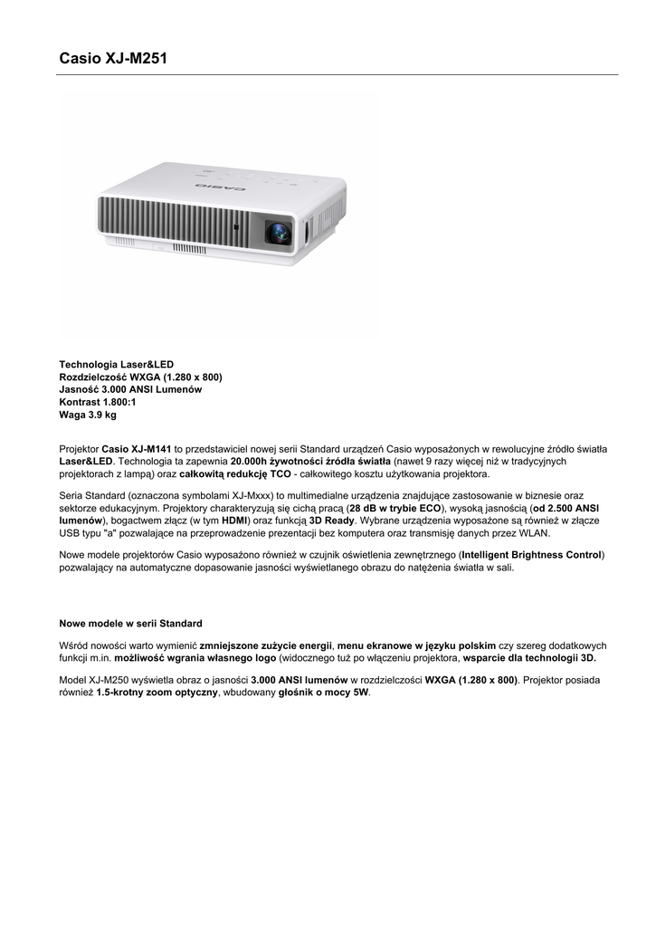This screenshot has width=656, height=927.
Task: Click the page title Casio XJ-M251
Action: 113,59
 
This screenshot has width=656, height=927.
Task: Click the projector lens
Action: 278,232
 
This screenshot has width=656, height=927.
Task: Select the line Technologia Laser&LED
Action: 116,364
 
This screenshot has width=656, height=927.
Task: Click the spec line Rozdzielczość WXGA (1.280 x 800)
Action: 140,377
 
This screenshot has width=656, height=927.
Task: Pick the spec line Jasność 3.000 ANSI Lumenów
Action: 130,389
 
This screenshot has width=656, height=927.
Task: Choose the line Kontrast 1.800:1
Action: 98,402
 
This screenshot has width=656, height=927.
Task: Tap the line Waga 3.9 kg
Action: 88,415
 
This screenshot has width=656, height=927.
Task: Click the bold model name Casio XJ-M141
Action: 137,448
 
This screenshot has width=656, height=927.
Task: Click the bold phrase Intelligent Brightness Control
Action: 531,554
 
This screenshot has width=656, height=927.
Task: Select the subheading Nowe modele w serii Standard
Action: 130,624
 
